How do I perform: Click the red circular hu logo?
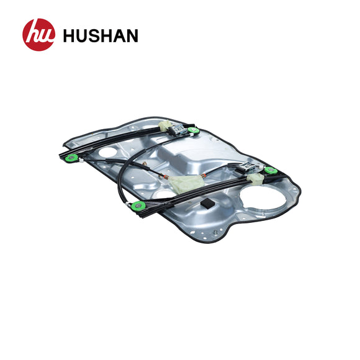(x=38, y=35)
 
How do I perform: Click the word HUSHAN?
(x=101, y=35)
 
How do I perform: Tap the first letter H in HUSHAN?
(x=69, y=35)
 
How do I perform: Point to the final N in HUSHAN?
(x=131, y=35)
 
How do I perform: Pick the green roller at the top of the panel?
(x=192, y=130)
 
